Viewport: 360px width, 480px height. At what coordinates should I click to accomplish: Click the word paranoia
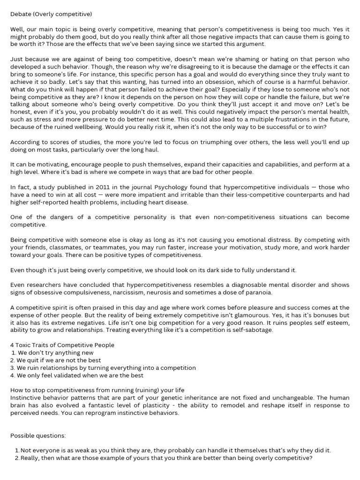pos(258,292)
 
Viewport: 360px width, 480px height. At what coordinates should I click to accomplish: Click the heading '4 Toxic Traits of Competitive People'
pos(62,345)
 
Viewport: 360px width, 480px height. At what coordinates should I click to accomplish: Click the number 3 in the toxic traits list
pos(12,367)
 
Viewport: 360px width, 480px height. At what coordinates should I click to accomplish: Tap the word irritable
pos(181,194)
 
